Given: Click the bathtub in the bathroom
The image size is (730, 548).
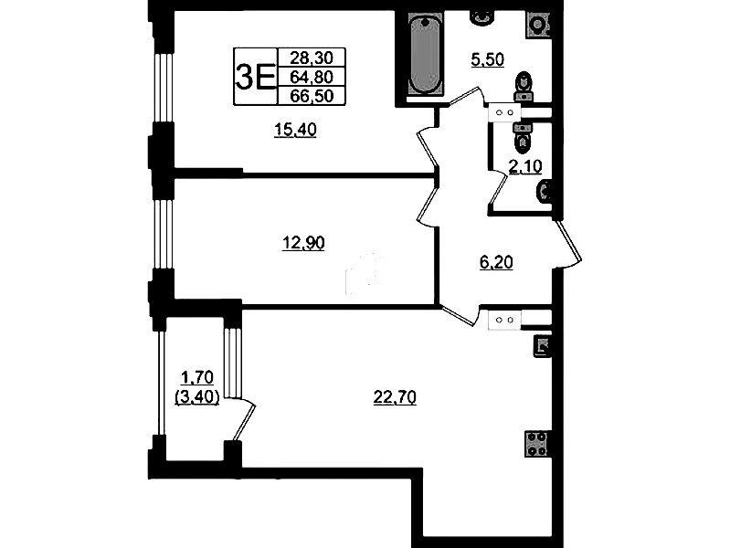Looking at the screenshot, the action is (x=424, y=54).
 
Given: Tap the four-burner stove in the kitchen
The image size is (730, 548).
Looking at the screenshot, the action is (x=536, y=443).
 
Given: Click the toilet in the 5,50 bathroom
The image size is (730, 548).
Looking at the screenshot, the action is (x=524, y=87).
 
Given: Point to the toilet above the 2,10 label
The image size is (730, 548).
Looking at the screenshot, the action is (x=523, y=137).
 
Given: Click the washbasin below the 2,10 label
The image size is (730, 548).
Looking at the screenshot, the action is (x=545, y=192).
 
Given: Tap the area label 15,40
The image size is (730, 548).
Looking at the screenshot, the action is (x=295, y=130).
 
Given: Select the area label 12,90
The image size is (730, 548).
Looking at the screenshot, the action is (x=303, y=243).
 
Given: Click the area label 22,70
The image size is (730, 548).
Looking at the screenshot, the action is (x=395, y=397).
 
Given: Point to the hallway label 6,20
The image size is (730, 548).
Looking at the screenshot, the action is (x=496, y=263).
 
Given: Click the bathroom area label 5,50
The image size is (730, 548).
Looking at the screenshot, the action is (x=488, y=60).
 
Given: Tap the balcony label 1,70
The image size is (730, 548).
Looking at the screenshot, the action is (x=197, y=376).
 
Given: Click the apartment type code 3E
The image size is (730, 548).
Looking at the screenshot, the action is (x=255, y=77).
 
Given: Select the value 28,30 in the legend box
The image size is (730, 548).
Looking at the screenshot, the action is (x=312, y=58).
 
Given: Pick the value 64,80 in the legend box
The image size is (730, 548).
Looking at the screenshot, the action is (x=312, y=77).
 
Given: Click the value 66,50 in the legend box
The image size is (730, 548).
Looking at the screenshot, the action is (x=312, y=96).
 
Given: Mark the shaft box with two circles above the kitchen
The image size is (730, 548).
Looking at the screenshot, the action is (x=504, y=321).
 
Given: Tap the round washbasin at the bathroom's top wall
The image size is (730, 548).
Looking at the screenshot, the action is (x=481, y=17).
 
